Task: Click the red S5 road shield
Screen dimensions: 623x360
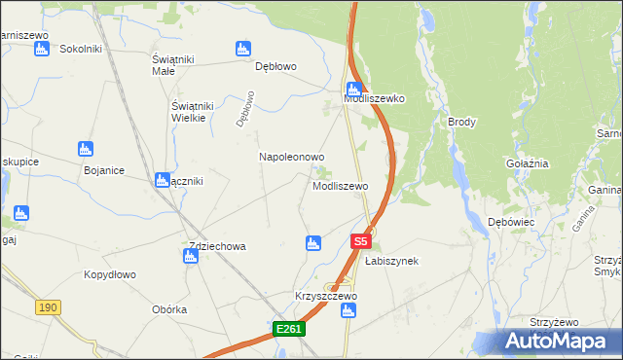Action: click(360, 240)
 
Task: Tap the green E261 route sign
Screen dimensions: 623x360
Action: click(289, 330)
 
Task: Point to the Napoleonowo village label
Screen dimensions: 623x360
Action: click(291, 156)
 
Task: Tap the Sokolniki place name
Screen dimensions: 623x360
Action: click(81, 48)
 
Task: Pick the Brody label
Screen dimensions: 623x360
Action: click(461, 122)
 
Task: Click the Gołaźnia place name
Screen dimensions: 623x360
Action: click(528, 164)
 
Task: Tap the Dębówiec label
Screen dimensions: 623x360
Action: click(511, 222)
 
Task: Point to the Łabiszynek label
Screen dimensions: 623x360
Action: click(391, 261)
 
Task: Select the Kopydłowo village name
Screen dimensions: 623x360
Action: click(108, 274)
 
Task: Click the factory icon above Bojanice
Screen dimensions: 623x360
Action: click(86, 149)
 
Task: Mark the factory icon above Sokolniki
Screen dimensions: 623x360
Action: click(42, 49)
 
